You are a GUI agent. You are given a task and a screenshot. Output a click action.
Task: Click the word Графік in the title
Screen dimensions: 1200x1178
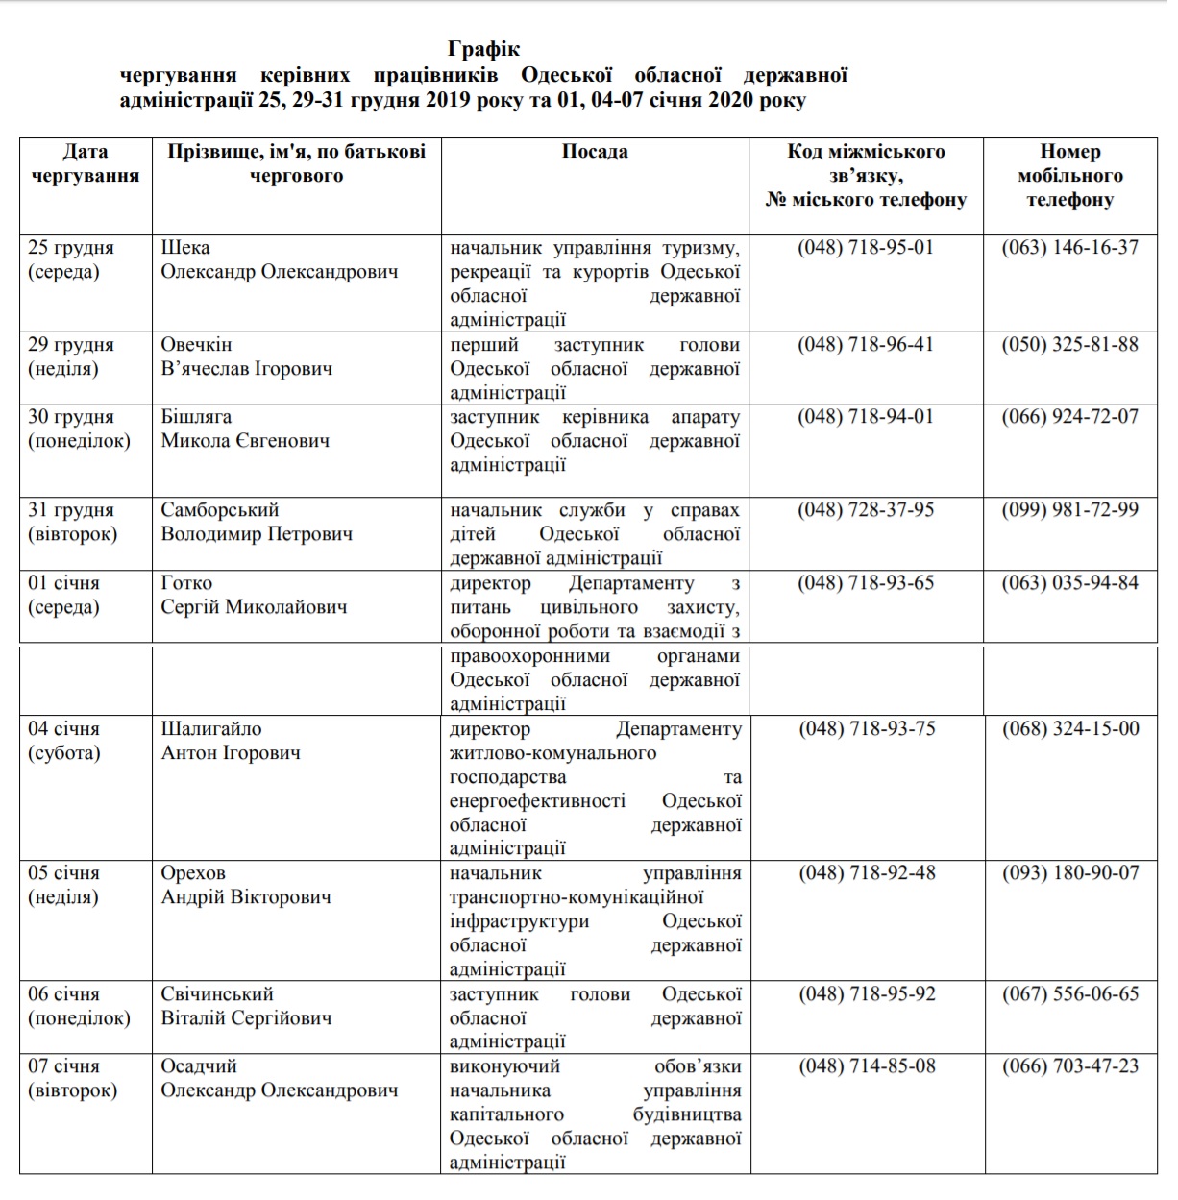(x=483, y=49)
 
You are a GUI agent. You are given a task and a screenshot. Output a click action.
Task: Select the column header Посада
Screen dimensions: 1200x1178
(x=595, y=152)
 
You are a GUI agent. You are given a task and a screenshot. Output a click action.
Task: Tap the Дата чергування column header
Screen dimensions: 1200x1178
(x=86, y=163)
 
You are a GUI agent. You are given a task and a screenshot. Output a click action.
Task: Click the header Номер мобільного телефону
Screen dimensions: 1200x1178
(x=1069, y=176)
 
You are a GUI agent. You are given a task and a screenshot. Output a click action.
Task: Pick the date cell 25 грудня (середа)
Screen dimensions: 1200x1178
(x=71, y=259)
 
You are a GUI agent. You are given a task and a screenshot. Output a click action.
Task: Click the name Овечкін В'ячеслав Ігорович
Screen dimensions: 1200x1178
(x=247, y=356)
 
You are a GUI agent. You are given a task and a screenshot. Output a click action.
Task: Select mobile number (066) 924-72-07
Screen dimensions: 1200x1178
(x=1069, y=417)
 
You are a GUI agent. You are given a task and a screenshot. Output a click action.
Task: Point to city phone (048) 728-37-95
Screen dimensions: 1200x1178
(x=866, y=510)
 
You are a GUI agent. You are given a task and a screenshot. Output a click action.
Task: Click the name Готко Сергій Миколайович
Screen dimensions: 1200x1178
(x=254, y=595)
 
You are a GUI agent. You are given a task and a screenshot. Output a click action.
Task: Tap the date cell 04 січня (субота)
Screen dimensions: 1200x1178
(x=64, y=741)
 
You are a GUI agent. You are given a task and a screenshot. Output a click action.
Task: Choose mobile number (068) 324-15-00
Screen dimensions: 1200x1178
(x=1070, y=729)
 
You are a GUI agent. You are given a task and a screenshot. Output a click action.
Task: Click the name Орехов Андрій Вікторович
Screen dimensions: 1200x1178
(x=246, y=885)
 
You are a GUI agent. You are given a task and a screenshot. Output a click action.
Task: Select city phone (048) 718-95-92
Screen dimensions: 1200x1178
(x=867, y=994)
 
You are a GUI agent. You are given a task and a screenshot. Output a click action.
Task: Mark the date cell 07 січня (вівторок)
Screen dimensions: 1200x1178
(x=72, y=1078)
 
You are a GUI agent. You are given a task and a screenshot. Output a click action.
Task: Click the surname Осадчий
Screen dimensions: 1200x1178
(x=199, y=1066)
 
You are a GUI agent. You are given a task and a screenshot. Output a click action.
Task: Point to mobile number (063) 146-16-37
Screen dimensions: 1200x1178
(x=1069, y=248)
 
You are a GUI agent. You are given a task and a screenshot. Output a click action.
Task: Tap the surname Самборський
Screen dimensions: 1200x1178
(x=220, y=510)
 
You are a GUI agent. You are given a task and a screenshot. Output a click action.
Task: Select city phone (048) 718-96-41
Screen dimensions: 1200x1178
(x=866, y=345)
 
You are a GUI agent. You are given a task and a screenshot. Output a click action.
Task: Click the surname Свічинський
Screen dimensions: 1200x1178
(x=217, y=994)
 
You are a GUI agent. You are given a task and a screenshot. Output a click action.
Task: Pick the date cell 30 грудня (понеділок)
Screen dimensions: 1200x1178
(x=79, y=429)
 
